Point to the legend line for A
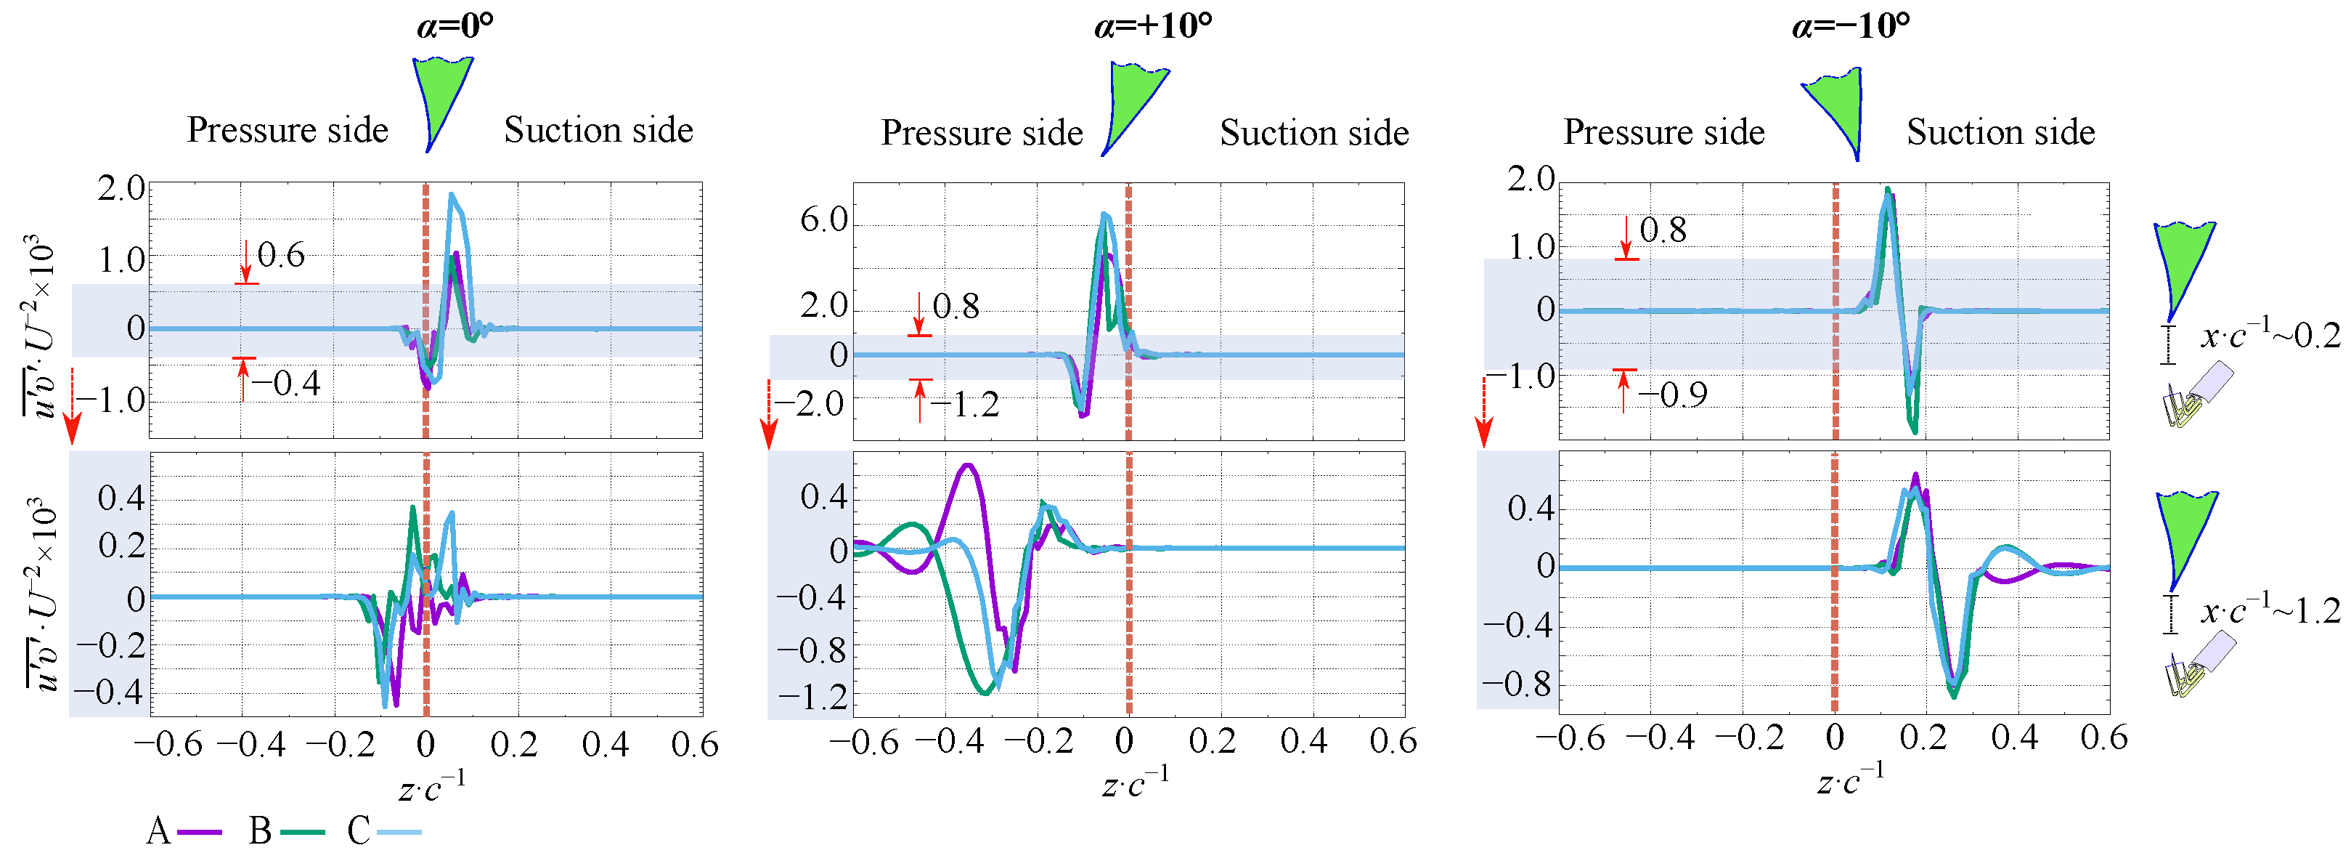199,832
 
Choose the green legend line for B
302,832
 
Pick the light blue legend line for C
399,832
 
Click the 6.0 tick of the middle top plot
823,220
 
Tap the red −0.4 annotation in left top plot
287,384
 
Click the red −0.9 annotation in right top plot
1672,395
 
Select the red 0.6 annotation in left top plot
280,255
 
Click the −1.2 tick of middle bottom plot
811,698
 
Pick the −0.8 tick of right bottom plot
1515,684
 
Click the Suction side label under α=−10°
2000,132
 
